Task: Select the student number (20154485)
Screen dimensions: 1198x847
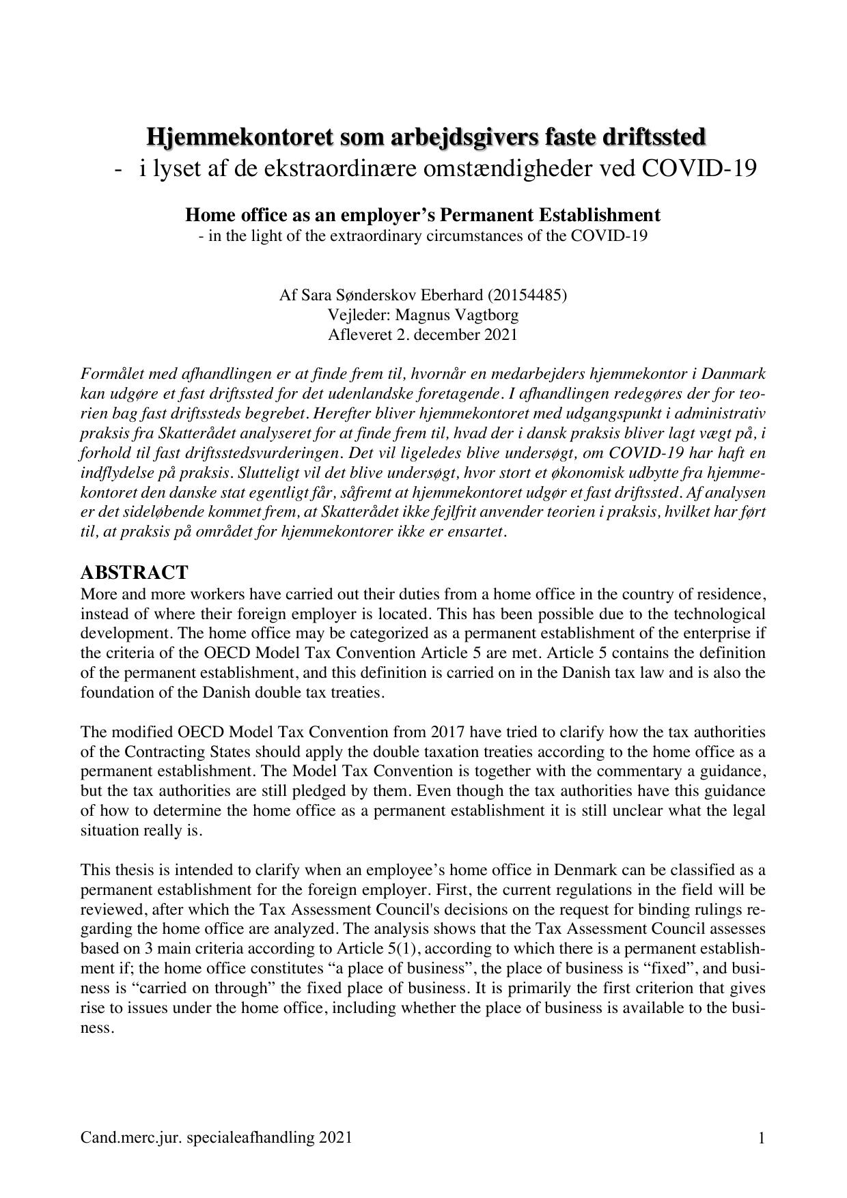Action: coord(527,296)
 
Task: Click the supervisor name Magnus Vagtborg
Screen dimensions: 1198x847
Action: coord(460,315)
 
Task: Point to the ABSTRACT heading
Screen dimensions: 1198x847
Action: coord(134,572)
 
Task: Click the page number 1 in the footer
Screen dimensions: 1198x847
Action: coord(761,1137)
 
